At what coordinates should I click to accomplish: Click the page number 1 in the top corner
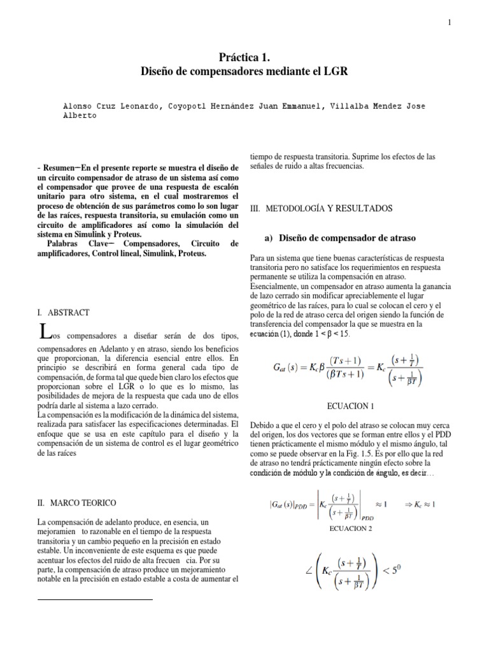(x=449, y=23)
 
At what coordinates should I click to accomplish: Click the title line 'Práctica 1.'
(x=244, y=57)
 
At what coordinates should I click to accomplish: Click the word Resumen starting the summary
(x=62, y=167)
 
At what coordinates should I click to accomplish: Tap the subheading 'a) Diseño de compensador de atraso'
(x=339, y=237)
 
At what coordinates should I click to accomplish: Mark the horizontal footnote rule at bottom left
(x=96, y=599)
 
